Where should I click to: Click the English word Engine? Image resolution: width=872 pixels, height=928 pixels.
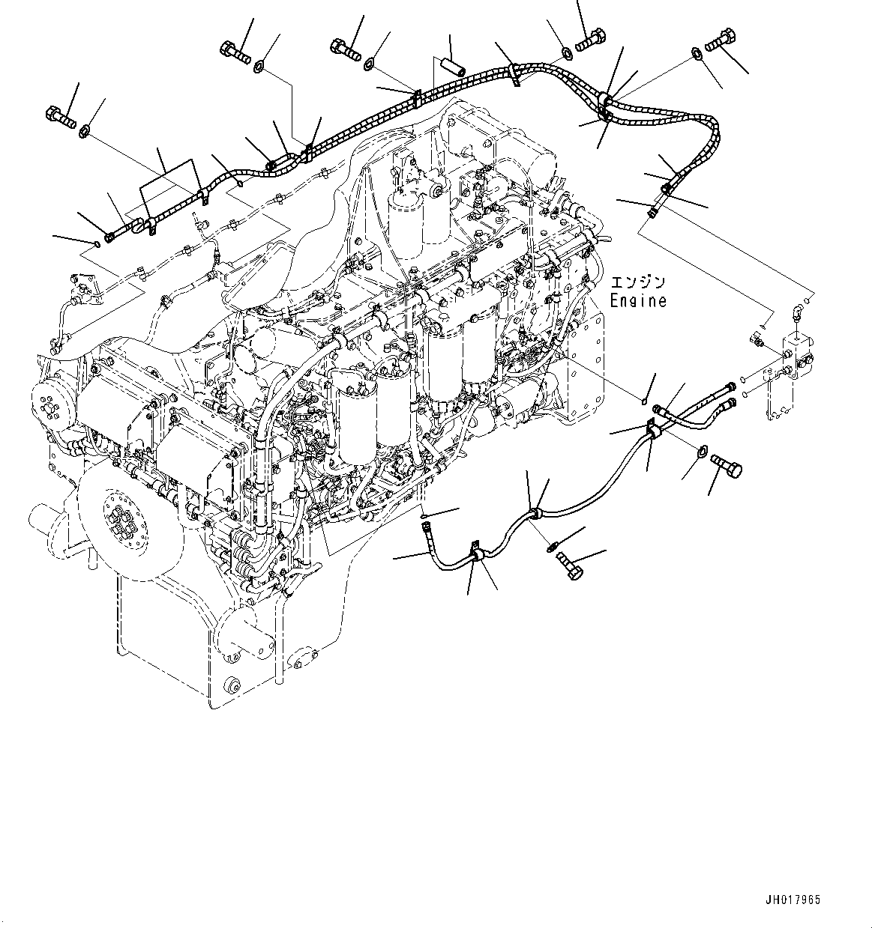[637, 300]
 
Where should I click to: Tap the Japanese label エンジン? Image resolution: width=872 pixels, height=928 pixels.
[637, 282]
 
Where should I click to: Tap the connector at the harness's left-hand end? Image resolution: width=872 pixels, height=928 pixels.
[111, 237]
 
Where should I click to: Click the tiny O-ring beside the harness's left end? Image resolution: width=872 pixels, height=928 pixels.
[96, 243]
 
